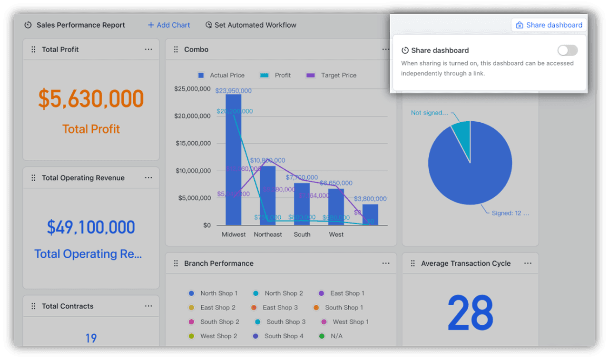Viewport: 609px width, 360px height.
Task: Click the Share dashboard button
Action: (549, 25)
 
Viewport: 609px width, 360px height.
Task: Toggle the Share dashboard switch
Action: (568, 50)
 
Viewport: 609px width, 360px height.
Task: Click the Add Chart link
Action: (169, 25)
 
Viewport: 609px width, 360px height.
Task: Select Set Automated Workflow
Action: (251, 25)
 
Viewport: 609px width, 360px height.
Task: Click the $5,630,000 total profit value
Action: (91, 99)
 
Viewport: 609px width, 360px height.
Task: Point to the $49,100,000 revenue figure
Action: (91, 227)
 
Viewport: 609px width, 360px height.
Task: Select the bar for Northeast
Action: (268, 195)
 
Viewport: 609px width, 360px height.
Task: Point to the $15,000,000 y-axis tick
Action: (193, 143)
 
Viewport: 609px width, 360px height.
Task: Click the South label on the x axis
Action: (302, 234)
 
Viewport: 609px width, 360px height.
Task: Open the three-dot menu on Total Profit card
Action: (148, 49)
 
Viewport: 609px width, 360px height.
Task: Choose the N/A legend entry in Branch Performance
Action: (336, 336)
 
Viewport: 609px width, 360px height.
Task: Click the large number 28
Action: (470, 313)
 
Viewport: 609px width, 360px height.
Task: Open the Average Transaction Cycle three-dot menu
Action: (528, 263)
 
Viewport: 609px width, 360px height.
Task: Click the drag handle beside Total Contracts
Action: (33, 306)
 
